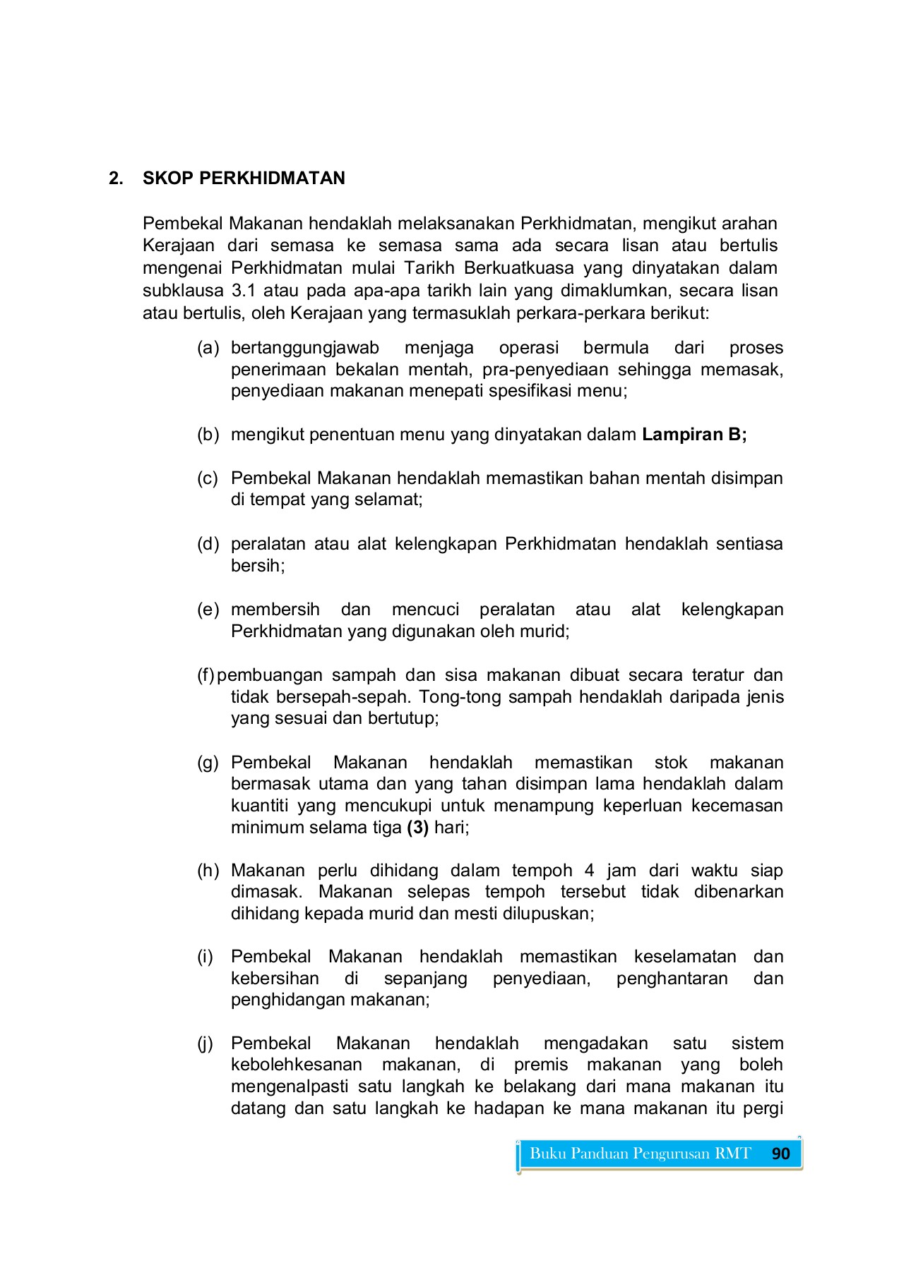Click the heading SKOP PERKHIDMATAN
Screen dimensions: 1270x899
coord(244,179)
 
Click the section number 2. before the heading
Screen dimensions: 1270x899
coord(116,179)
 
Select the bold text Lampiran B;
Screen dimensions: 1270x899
coord(693,435)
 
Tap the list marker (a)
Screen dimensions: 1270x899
coord(208,348)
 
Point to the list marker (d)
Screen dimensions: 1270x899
coord(208,544)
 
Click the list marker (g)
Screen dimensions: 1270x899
coord(208,763)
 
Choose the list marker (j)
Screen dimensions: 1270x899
coord(206,1044)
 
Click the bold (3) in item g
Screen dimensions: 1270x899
coord(418,828)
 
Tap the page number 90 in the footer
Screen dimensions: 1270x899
coord(780,1154)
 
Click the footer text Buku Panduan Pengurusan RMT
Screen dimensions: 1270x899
coord(640,1154)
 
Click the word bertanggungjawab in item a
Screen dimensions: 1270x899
coord(305,348)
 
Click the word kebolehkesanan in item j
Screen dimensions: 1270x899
coord(297,1065)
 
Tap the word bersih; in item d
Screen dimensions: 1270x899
coord(258,566)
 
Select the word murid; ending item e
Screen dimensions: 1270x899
coord(544,631)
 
